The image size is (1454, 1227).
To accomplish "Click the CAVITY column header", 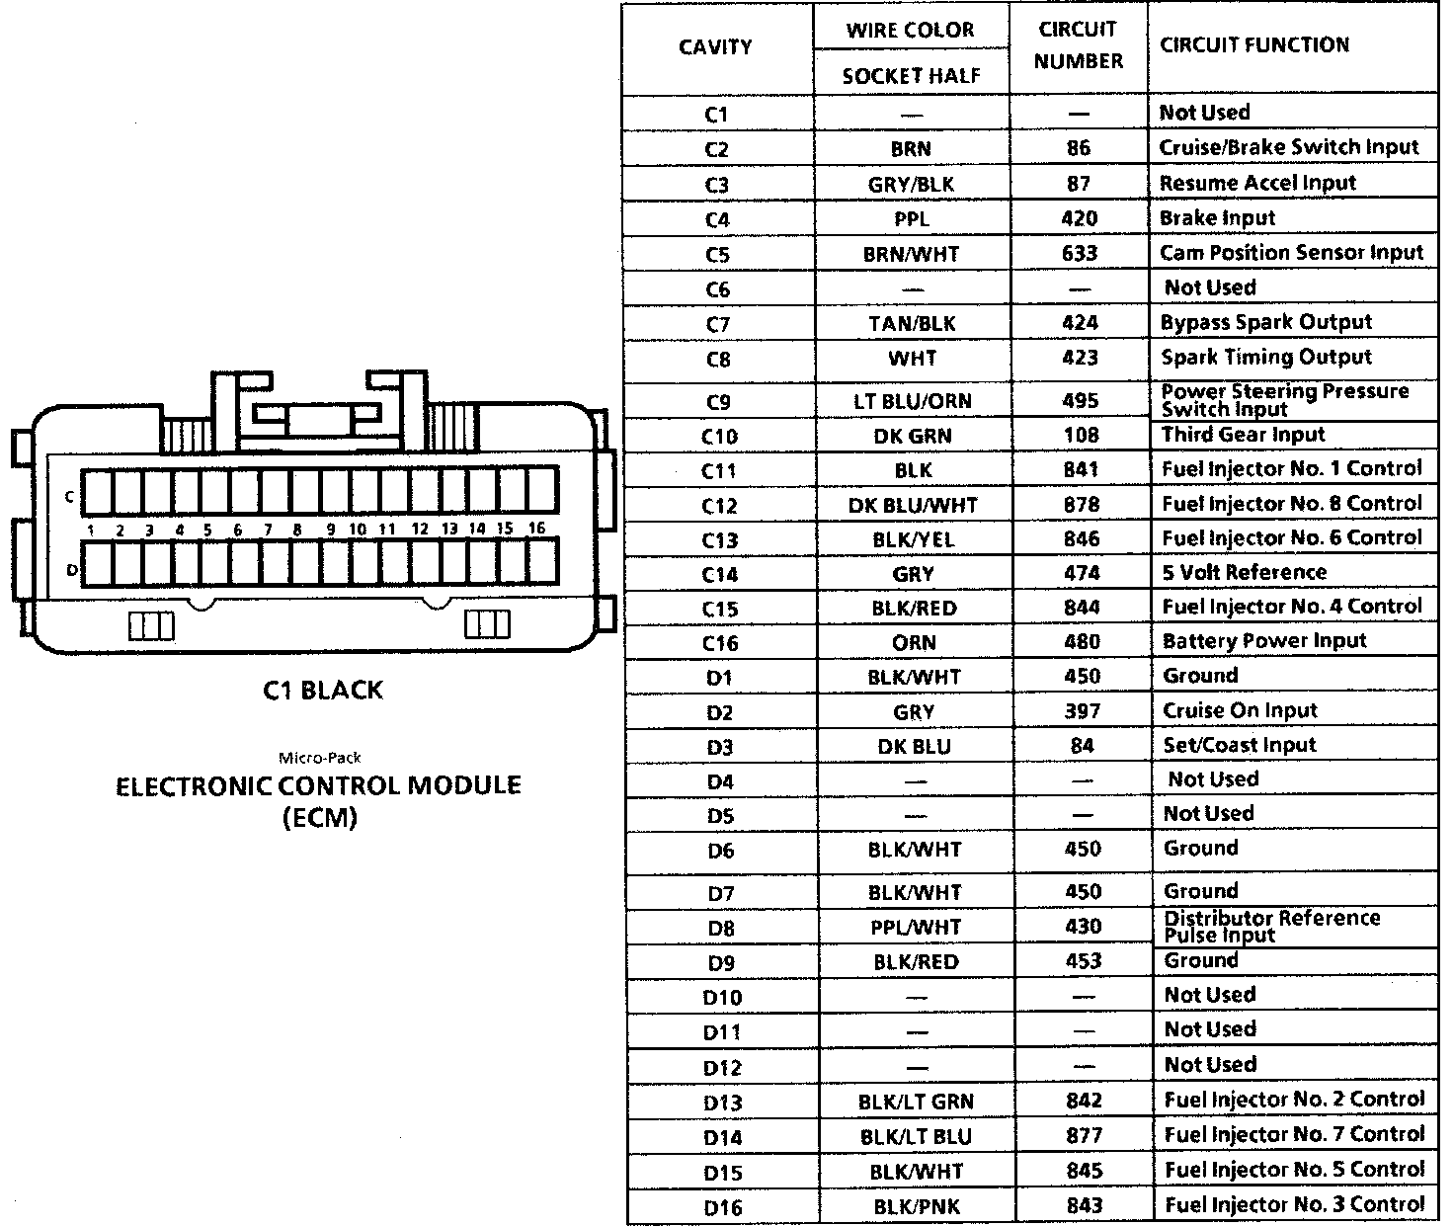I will (715, 47).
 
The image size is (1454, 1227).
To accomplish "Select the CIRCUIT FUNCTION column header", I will (1253, 44).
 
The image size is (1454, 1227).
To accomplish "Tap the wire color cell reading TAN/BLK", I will (911, 323).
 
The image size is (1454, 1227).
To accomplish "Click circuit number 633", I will (1079, 253).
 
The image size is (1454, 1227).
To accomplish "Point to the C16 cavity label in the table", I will (719, 643).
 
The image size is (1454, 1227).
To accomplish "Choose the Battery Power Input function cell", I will (1263, 641).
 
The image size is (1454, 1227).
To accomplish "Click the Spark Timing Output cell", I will (1265, 357).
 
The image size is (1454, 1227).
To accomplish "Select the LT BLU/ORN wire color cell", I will (912, 401).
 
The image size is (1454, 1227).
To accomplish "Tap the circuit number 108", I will (1081, 435).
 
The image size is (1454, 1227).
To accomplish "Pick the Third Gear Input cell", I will (1243, 435).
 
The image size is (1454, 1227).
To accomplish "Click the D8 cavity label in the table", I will (721, 928).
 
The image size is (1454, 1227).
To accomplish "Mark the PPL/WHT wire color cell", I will (914, 927).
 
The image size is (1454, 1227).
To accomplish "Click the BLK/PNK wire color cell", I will (916, 1206).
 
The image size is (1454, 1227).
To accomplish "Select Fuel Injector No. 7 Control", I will (1294, 1134).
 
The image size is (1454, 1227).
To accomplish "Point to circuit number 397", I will (1083, 710).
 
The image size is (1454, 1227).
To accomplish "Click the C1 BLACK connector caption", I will (322, 691).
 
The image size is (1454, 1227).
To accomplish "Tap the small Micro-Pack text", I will (319, 758).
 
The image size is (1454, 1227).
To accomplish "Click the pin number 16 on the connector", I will (536, 529).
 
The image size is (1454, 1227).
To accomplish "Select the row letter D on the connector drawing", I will (70, 570).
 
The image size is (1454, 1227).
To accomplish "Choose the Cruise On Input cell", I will (1240, 710).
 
